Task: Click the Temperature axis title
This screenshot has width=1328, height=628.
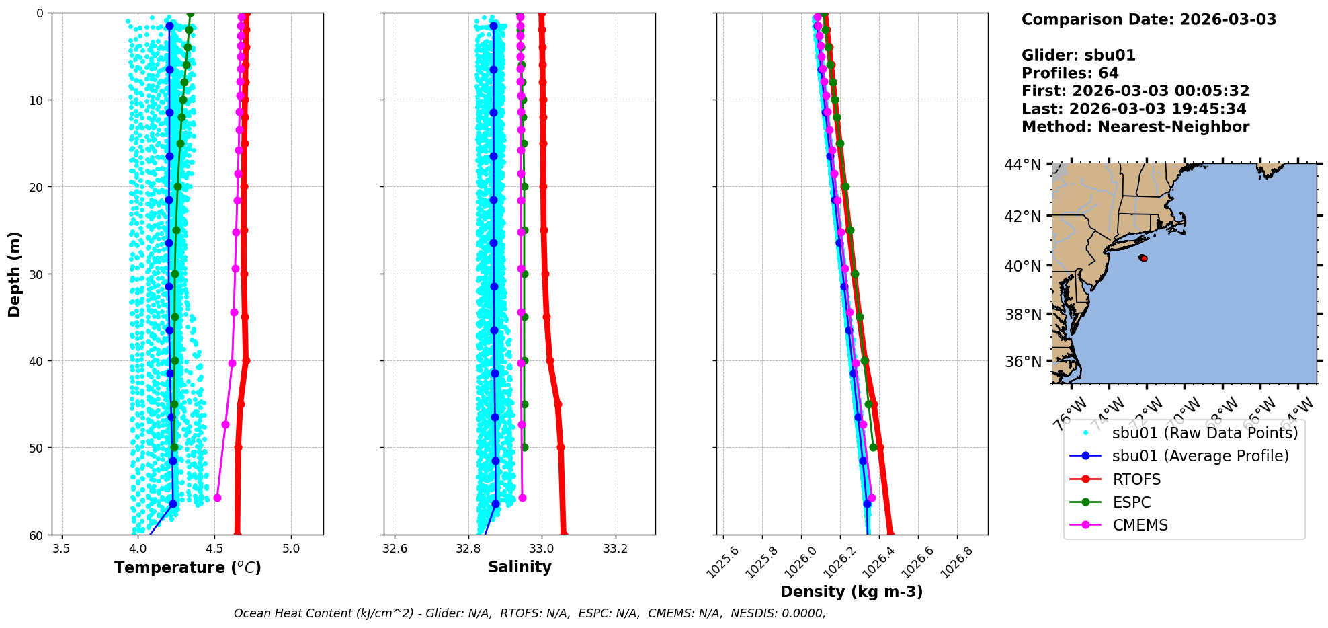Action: [x=188, y=567]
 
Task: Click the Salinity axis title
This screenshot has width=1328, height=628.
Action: [x=520, y=567]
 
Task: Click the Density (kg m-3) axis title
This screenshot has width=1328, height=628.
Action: [x=852, y=592]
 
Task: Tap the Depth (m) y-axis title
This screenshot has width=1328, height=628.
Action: [x=15, y=274]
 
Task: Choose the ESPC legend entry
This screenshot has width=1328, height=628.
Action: [x=1132, y=502]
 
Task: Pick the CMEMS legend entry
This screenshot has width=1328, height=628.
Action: [x=1140, y=525]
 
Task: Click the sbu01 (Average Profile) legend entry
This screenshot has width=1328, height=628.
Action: [x=1200, y=456]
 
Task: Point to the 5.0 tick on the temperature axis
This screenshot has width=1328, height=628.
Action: [x=291, y=548]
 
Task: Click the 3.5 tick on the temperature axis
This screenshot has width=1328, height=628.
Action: [x=61, y=548]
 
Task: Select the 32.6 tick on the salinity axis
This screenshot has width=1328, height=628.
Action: [x=395, y=548]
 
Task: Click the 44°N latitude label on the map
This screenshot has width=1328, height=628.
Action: [x=1022, y=165]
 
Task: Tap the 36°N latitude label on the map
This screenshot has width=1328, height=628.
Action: [x=1022, y=362]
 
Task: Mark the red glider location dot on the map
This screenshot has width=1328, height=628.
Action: [x=1143, y=258]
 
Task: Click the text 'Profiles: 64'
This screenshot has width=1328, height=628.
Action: [x=1070, y=73]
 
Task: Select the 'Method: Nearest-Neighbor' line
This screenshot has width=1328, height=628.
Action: [x=1135, y=127]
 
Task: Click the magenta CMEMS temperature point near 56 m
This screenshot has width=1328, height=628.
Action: [x=217, y=498]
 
